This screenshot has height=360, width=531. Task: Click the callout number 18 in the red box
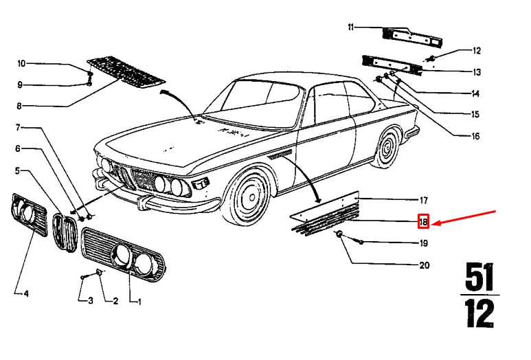(423, 222)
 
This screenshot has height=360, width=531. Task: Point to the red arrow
(464, 217)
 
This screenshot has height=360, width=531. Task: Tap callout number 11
(351, 27)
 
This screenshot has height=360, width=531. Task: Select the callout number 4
(26, 293)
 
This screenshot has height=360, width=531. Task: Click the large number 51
(479, 277)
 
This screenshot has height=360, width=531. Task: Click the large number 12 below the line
(479, 314)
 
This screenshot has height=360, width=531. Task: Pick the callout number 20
(425, 265)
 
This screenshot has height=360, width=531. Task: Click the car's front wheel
(249, 197)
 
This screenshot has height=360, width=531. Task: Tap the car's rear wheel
(387, 148)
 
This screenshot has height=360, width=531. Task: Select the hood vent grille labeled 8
(126, 72)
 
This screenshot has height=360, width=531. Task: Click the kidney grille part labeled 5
(65, 232)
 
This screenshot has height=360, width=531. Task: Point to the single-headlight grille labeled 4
(29, 214)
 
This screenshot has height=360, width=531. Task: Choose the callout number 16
(475, 136)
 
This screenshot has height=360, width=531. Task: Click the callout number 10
(21, 63)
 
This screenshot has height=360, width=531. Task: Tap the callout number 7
(18, 128)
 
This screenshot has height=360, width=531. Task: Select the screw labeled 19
(361, 242)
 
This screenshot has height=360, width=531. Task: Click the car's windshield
(252, 102)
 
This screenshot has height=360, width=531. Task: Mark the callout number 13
(477, 72)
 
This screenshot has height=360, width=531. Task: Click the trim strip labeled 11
(412, 38)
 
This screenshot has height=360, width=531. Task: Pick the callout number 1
(139, 302)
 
